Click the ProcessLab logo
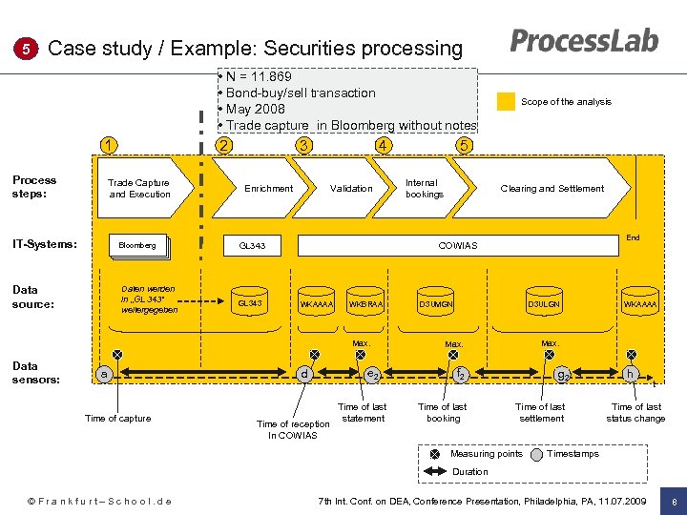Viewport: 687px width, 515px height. click(x=584, y=41)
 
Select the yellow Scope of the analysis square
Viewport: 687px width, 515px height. click(x=506, y=102)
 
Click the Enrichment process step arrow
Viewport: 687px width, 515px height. click(x=268, y=189)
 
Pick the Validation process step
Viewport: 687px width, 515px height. click(x=351, y=189)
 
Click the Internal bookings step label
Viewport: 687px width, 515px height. click(x=424, y=189)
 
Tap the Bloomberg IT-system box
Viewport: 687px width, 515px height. click(x=137, y=246)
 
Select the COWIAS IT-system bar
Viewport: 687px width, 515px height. click(x=458, y=246)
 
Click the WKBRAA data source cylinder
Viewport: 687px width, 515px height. click(x=366, y=304)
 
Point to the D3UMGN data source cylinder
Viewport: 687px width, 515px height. click(x=435, y=304)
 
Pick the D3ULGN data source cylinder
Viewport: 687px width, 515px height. click(x=544, y=304)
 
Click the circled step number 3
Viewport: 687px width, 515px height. click(x=303, y=146)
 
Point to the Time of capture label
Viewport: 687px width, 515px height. click(x=117, y=419)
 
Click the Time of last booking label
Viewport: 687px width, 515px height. click(x=443, y=412)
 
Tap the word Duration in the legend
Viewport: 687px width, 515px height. click(x=469, y=472)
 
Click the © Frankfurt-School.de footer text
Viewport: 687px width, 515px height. click(x=99, y=501)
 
